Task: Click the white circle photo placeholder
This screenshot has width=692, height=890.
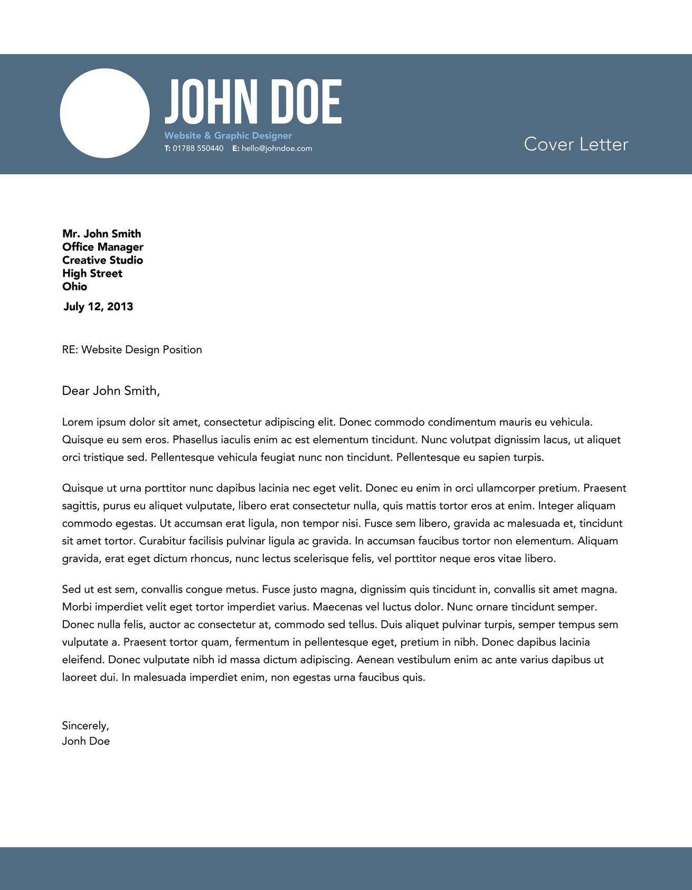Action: [105, 113]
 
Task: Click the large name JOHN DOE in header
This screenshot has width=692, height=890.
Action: [253, 102]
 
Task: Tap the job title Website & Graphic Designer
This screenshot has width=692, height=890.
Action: [228, 136]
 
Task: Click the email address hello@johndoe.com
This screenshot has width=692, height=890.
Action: [277, 148]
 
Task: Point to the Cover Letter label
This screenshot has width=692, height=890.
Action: [576, 144]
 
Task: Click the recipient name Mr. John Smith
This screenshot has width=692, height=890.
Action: [101, 234]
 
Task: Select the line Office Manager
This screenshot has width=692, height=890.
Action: [102, 247]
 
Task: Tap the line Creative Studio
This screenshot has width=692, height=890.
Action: [102, 260]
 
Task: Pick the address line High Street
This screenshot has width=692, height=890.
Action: [92, 273]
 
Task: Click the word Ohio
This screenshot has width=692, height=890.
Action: [74, 287]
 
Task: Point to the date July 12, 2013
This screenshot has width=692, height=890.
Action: [98, 307]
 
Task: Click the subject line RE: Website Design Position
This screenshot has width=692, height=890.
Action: [132, 349]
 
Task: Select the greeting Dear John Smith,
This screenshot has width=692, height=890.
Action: [111, 391]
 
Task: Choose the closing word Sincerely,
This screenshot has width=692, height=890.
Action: [86, 726]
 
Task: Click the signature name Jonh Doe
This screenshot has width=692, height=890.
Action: [86, 741]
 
